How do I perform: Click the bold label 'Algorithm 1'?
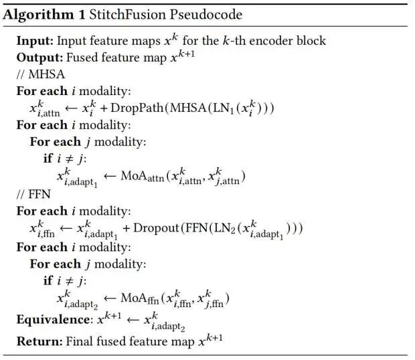(x=48, y=15)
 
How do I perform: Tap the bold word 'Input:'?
(x=34, y=41)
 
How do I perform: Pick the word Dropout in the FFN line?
(x=156, y=228)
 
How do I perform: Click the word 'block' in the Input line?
(x=309, y=41)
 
